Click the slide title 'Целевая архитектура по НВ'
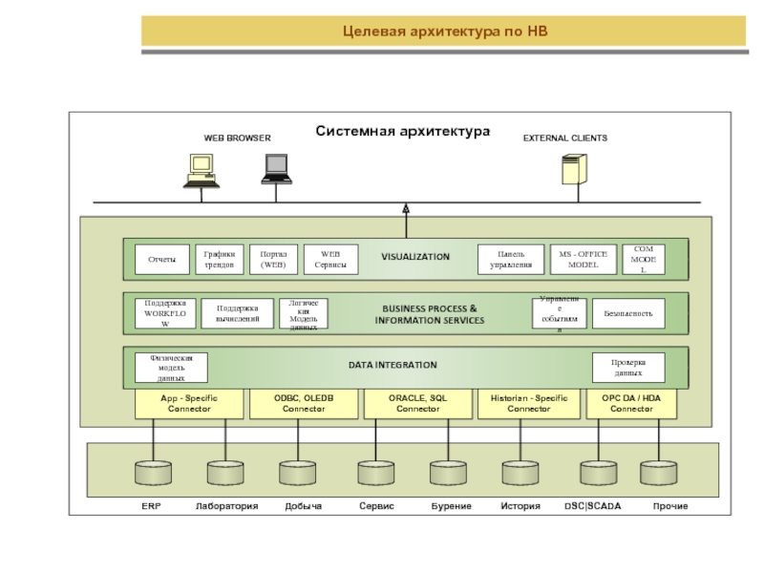(447, 32)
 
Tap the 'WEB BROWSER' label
(237, 138)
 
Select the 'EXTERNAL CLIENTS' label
(564, 138)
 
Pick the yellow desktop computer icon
(202, 171)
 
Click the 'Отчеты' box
(155, 259)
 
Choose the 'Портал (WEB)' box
(273, 259)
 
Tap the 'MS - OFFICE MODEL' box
(583, 259)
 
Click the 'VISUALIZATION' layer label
(415, 258)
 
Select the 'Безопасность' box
(627, 313)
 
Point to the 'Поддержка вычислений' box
(238, 313)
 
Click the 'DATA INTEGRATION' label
(406, 365)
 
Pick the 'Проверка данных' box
(627, 368)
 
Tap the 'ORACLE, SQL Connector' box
(418, 403)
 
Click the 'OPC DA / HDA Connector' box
(631, 403)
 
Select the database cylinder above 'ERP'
(152, 473)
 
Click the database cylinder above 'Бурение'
(446, 473)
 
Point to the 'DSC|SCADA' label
(592, 506)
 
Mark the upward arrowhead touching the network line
(406, 207)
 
